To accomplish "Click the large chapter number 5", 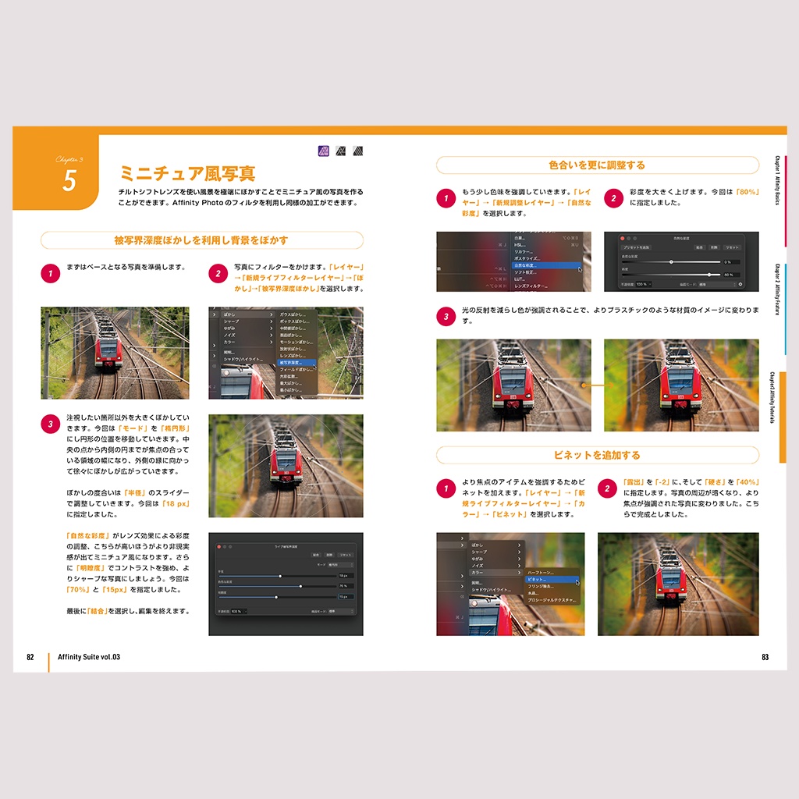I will click(69, 180).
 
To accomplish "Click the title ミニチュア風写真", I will click(187, 172).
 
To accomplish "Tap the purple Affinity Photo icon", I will click(324, 151).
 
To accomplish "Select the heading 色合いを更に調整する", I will click(597, 165).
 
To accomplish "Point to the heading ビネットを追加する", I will click(597, 455).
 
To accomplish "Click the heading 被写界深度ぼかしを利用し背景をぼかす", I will click(201, 240).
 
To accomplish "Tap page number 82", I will click(30, 657).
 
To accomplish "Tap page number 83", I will click(765, 657).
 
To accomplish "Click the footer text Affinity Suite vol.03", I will click(89, 657).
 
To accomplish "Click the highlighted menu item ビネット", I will click(551, 580).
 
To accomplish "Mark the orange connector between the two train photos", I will click(597, 385).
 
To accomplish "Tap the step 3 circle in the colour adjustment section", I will click(446, 316).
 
